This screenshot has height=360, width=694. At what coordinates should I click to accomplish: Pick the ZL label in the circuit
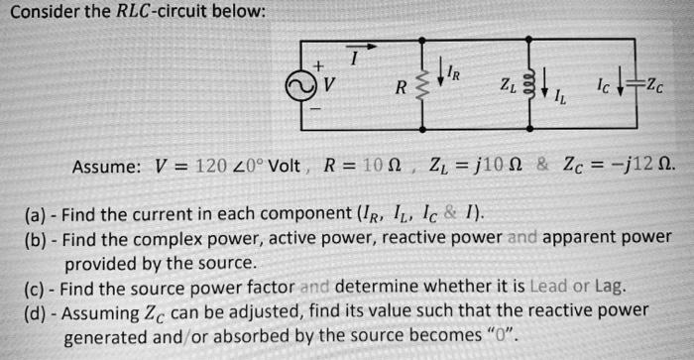pos(508,85)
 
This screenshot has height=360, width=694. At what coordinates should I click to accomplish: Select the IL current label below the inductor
pos(561,97)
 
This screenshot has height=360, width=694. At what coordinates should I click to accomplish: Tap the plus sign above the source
pos(318,64)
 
